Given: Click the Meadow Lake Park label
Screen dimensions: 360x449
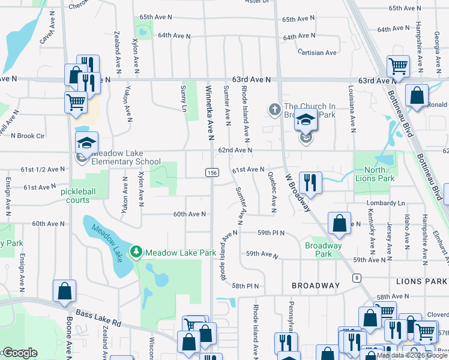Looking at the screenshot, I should point(180,253).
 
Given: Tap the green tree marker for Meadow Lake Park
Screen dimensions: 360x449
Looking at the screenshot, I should point(137,251).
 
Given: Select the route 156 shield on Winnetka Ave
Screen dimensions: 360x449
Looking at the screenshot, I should point(212,173).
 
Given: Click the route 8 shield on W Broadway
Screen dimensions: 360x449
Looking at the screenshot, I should point(357,277).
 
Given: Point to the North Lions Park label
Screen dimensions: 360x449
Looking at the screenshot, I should point(375,174).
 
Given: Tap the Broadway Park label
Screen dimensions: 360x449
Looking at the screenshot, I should point(323,250).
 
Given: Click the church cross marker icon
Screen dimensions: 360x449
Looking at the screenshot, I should point(275,109).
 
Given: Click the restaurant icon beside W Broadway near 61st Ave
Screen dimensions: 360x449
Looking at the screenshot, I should point(310,181).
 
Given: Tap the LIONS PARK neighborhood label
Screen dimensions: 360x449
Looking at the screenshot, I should point(421,281).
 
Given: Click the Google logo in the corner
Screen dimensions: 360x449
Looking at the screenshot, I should point(20,353).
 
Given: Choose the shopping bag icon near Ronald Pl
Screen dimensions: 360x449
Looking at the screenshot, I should point(417,95).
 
